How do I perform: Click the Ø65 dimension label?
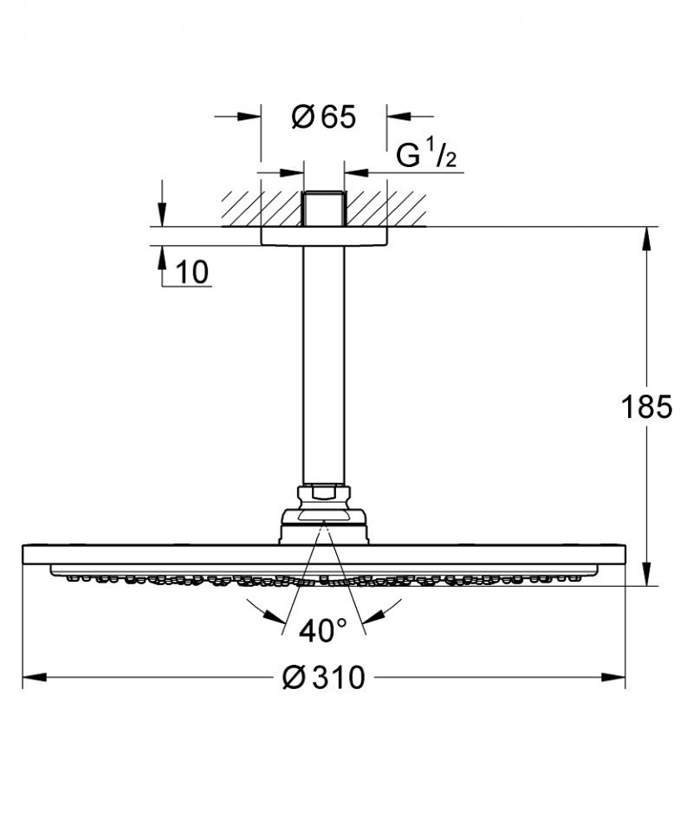click(x=324, y=117)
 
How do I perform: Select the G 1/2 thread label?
click(x=426, y=157)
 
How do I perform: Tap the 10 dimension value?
click(x=193, y=273)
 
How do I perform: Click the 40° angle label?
click(x=322, y=631)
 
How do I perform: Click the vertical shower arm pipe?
click(x=323, y=364)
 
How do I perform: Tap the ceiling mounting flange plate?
click(x=323, y=236)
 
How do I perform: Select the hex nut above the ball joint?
click(x=323, y=496)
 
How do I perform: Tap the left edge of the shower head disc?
click(x=24, y=554)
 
